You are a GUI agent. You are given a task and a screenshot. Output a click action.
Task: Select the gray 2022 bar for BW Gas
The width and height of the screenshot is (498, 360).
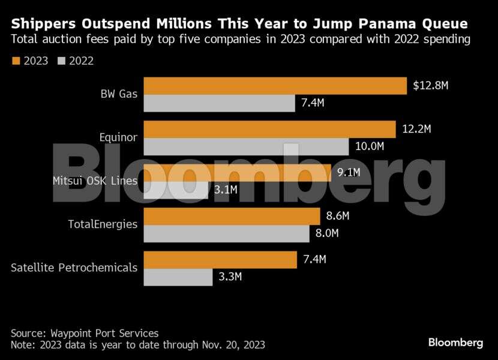tap(220, 103)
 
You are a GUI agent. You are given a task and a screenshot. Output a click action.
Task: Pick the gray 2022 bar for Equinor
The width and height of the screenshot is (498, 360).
tap(246, 146)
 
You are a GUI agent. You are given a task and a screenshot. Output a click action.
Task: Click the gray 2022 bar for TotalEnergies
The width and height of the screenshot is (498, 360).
tap(227, 233)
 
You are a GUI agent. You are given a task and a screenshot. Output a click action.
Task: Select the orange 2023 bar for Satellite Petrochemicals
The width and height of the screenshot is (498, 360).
tap(220, 260)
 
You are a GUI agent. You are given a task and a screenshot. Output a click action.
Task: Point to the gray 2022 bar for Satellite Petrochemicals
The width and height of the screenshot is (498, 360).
tap(178, 277)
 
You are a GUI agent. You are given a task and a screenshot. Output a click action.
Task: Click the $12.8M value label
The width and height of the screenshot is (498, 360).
tap(431, 85)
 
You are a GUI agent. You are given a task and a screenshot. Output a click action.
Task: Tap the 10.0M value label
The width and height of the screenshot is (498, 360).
tap(369, 146)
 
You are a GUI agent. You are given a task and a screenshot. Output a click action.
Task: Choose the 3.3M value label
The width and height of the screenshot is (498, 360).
tap(230, 277)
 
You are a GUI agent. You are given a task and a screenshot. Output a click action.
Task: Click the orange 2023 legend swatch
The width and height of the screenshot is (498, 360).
tap(16, 61)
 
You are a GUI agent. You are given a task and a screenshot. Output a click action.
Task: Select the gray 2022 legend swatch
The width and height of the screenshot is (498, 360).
tap(62, 61)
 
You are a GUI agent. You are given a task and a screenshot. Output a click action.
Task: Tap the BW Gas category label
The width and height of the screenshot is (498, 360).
tap(119, 94)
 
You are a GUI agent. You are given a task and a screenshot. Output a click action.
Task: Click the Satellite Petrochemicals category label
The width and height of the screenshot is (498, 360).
tap(74, 268)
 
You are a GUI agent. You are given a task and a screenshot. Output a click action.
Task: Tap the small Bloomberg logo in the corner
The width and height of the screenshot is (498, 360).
tap(455, 343)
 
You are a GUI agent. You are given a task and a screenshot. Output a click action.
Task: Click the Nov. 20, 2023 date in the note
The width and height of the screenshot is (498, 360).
tap(231, 345)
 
